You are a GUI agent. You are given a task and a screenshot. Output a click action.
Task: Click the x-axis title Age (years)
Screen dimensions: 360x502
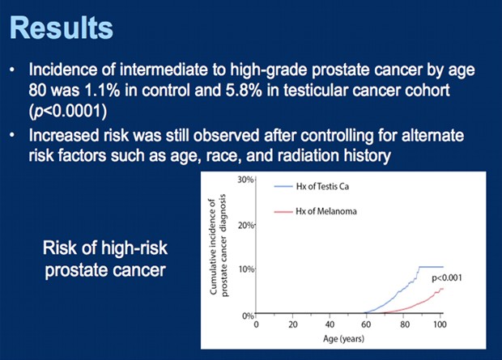tap(349, 341)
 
